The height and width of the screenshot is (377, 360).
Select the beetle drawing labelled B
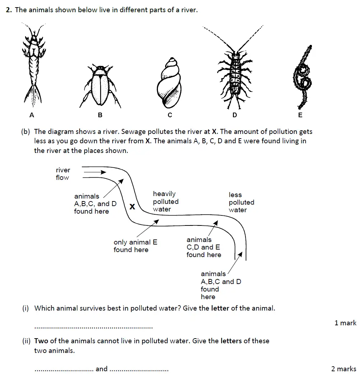[100, 86]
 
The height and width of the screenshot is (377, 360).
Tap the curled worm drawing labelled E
[303, 77]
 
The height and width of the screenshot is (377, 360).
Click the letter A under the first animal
[32, 115]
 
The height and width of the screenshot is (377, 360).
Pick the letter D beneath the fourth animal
[235, 115]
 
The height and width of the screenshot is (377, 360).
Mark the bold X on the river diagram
[132, 207]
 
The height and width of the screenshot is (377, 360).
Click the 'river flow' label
[63, 174]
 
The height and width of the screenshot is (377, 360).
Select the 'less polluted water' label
[241, 203]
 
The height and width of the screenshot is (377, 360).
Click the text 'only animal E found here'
[135, 246]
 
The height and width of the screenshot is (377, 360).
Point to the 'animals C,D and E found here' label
[204, 247]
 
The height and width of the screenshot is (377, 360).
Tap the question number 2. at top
[9, 10]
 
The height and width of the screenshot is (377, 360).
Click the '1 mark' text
[345, 323]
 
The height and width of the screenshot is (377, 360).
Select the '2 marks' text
[343, 369]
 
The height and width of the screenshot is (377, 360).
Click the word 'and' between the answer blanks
[102, 369]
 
